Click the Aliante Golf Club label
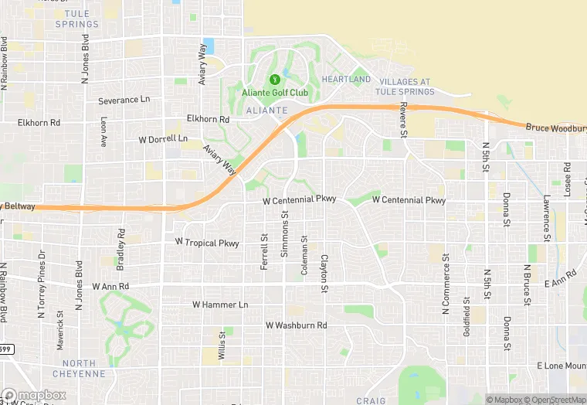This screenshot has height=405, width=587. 275,94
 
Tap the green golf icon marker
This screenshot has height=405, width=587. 274,79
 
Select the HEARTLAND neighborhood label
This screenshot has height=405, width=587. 346,80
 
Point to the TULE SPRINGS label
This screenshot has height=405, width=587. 77,19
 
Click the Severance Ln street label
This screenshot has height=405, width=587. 124,100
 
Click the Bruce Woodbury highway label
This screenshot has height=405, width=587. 555,128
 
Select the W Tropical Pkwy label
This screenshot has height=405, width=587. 207,243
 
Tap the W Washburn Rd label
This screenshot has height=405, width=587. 296,325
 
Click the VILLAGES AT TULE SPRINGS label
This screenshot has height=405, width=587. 404,87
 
